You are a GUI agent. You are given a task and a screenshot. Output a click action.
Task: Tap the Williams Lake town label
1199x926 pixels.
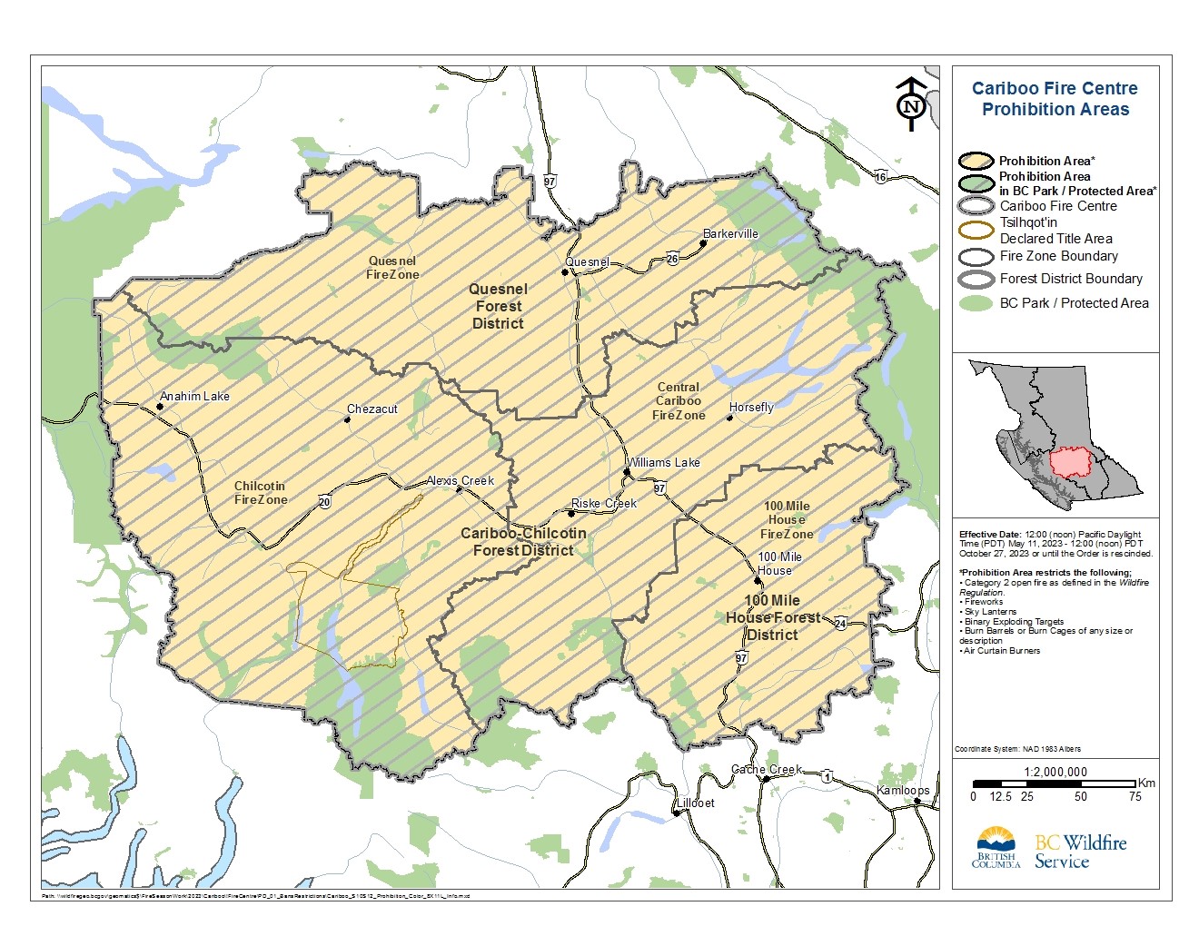664,462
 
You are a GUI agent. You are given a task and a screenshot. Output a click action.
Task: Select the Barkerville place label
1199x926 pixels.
730,233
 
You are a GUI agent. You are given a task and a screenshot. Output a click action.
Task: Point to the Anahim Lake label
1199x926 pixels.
194,396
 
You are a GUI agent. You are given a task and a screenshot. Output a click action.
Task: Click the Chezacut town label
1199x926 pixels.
372,409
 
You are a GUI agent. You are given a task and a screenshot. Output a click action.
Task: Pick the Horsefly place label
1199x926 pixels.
751,407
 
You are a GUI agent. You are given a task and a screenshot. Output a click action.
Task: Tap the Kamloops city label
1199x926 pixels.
903,790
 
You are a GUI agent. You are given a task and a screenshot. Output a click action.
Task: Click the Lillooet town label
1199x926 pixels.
696,803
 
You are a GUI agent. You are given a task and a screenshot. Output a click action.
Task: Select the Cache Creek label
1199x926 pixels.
767,769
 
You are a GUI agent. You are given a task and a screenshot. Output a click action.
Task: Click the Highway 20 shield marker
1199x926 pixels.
324,502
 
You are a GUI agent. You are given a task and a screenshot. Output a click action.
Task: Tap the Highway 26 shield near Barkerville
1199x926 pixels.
671,259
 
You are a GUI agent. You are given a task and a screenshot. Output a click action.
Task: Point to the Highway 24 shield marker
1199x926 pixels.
840,623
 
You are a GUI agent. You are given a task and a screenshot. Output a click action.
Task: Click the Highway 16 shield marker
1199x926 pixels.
880,177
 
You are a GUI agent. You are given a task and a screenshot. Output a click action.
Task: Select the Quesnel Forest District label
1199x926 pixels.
498,306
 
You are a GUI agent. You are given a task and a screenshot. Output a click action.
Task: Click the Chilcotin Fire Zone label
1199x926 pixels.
261,493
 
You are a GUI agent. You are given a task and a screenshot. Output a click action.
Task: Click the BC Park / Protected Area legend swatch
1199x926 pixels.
976,303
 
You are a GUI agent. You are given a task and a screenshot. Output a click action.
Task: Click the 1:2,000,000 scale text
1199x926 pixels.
1055,772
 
